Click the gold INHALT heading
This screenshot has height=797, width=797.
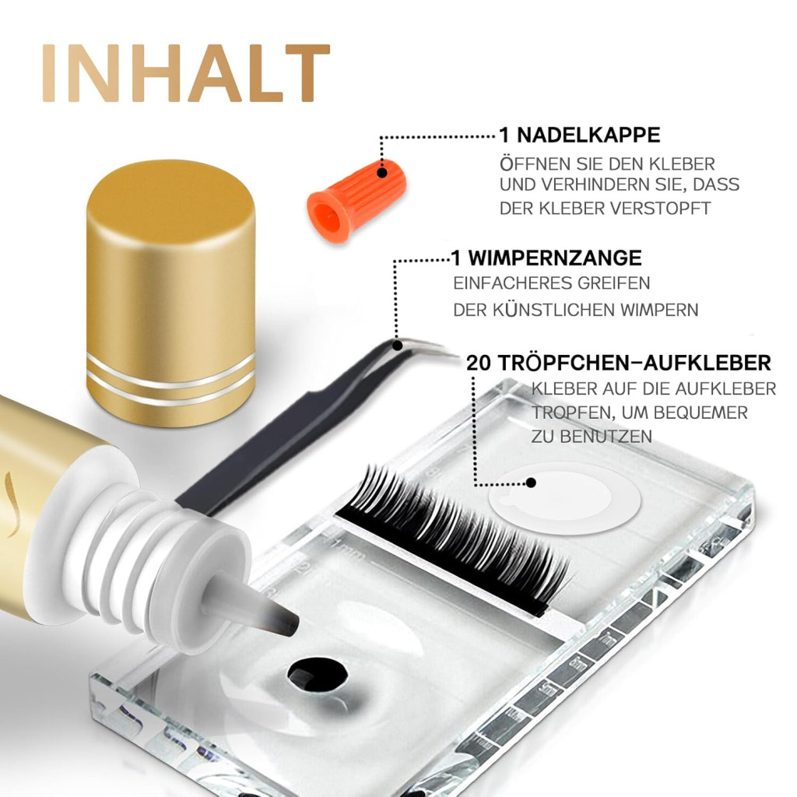point(186,73)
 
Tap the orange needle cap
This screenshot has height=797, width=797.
point(356,200)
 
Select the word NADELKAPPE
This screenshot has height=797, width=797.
point(588,135)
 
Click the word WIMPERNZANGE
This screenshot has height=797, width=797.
point(554,258)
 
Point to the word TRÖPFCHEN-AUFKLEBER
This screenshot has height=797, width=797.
point(634,363)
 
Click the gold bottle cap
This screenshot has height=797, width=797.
point(170,293)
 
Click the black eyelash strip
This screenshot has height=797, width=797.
point(452,536)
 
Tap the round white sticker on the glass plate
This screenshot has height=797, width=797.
point(565,497)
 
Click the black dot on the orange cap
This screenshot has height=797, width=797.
point(382,173)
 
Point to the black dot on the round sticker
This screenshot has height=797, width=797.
point(531,483)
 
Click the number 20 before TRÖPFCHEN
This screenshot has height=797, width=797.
point(479,363)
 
